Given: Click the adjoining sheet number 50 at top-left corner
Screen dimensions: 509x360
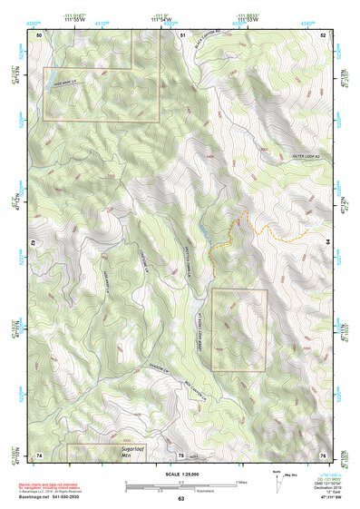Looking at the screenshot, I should pyautogui.click(x=39, y=34).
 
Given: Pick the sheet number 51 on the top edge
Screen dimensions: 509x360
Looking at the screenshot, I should pyautogui.click(x=182, y=34).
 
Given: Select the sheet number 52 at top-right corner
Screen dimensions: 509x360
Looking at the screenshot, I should pyautogui.click(x=323, y=34).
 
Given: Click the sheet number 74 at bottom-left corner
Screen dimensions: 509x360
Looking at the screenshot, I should pyautogui.click(x=39, y=455).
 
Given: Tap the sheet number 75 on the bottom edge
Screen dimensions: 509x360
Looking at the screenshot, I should pyautogui.click(x=181, y=455).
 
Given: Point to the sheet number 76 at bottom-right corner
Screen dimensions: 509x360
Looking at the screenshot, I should pyautogui.click(x=323, y=455).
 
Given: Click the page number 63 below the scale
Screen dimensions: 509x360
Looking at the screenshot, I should pyautogui.click(x=180, y=499).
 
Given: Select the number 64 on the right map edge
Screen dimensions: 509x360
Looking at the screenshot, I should pyautogui.click(x=326, y=242).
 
